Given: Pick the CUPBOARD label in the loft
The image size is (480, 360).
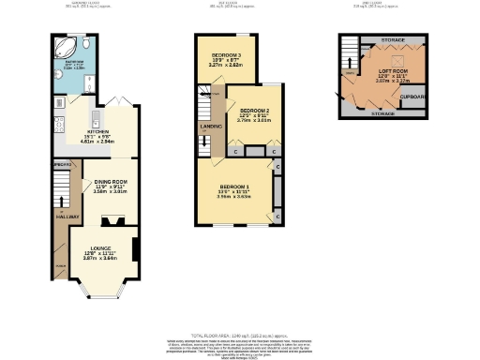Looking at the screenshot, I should [x=412, y=96].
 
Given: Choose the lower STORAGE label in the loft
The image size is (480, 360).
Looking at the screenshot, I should [x=382, y=113].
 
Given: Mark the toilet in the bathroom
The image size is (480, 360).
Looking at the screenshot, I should [x=84, y=44].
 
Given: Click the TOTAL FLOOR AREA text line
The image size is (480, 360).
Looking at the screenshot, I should [x=240, y=334].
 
